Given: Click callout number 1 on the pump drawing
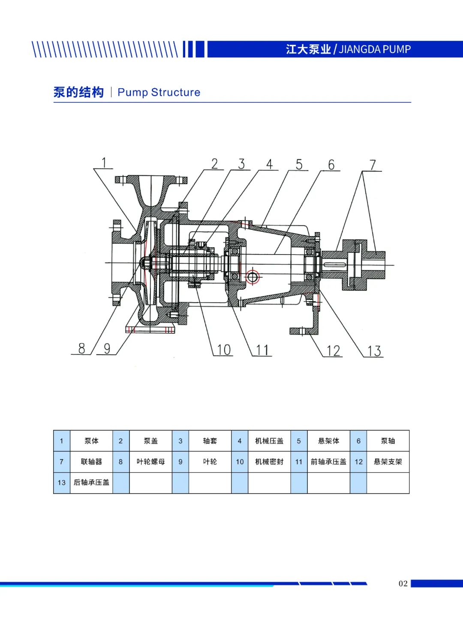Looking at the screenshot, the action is tap(104, 163).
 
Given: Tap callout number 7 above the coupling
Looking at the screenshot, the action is tap(373, 165).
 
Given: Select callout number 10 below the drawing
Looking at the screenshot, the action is tap(224, 350).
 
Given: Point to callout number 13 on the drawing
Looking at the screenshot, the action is tap(374, 351).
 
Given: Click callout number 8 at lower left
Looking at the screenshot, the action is tap(81, 348).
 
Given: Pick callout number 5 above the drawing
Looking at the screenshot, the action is tap(299, 165).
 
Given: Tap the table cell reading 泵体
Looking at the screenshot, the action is tap(91, 441).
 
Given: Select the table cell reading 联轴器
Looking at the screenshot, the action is tap(91, 462).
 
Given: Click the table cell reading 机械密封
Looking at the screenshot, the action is tap(269, 462).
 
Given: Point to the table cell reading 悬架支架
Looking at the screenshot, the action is tap(388, 462).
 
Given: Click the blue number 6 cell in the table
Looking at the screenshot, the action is tap(358, 441).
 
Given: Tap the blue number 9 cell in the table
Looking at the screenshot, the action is tap(180, 462).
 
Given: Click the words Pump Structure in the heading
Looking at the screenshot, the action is tap(159, 92).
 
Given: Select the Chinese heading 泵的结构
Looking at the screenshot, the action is tap(79, 92).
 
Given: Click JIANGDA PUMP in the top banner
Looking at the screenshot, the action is tap(375, 49).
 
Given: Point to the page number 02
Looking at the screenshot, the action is tap(403, 584).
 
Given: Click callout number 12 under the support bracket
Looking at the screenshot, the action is tap(334, 351).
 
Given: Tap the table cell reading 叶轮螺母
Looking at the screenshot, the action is tap(151, 462).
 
